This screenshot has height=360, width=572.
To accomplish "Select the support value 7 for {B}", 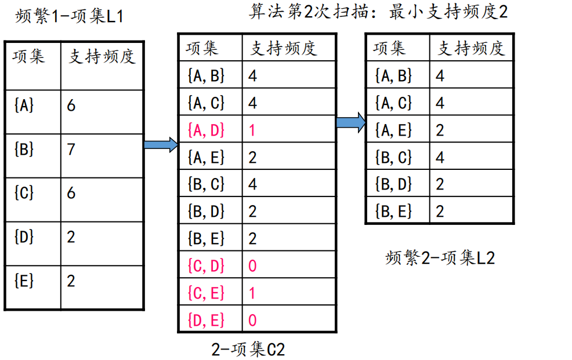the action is (71, 150).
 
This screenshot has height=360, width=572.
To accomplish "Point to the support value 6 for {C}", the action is (71, 193).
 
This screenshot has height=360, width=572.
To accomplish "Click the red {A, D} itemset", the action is (206, 130).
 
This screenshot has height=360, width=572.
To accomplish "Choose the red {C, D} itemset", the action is (206, 266).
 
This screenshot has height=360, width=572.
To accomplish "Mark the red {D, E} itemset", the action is (206, 319).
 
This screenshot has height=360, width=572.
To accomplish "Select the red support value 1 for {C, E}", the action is (252, 293).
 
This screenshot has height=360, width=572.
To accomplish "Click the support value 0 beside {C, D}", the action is (252, 266).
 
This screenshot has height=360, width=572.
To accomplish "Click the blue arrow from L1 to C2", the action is (161, 145).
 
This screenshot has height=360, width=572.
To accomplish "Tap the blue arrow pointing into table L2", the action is (350, 122).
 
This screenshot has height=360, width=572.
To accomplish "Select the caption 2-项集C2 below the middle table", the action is (248, 349).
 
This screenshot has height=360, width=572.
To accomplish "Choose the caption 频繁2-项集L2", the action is (440, 258).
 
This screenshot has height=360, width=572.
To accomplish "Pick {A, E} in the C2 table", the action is (206, 157).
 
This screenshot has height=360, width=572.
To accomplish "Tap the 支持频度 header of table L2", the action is (470, 48).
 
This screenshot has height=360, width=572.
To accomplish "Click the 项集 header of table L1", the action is (28, 56).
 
